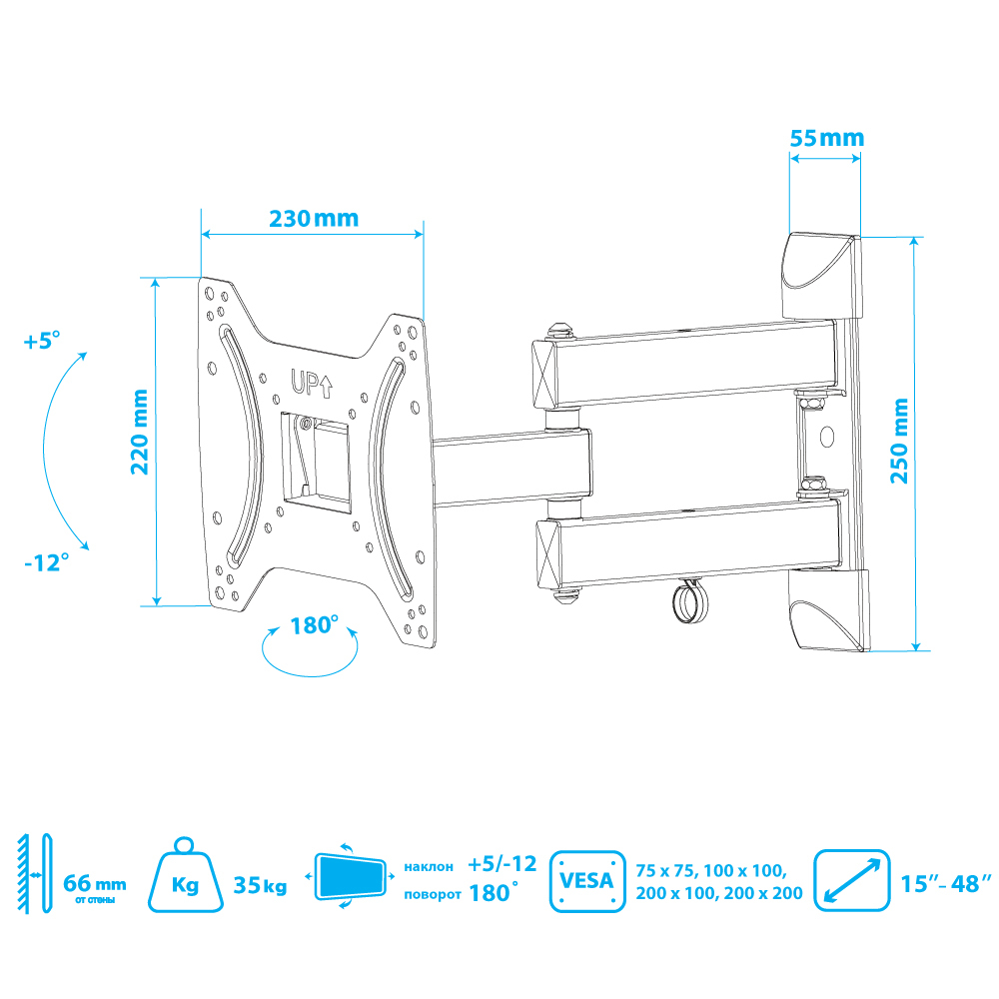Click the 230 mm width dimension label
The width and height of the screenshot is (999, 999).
pos(314,219)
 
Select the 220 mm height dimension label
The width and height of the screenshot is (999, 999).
pos(140,432)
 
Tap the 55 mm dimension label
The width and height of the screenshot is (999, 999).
pos(827,138)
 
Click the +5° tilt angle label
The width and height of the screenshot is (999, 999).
pos(42,341)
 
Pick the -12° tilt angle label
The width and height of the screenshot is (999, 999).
pos(47,562)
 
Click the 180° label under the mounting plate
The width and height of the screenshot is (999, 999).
pos(314,625)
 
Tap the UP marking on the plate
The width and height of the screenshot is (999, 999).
pos(312,383)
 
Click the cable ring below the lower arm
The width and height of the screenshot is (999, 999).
pos(688,602)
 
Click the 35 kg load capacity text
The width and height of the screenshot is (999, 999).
pos(260,885)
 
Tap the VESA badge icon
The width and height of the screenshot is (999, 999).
pos(587,881)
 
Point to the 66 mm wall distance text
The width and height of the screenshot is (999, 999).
pos(94,884)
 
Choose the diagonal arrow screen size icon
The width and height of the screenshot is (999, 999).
pos(852,880)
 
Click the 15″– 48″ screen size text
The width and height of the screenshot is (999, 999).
pos(946,884)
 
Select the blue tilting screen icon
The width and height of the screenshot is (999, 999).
pos(350,876)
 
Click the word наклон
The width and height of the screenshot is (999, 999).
pos(429,866)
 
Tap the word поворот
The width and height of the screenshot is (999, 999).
pos(433,894)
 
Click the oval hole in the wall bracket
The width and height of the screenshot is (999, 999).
pos(826,438)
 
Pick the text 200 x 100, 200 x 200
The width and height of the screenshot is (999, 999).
pos(719,893)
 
